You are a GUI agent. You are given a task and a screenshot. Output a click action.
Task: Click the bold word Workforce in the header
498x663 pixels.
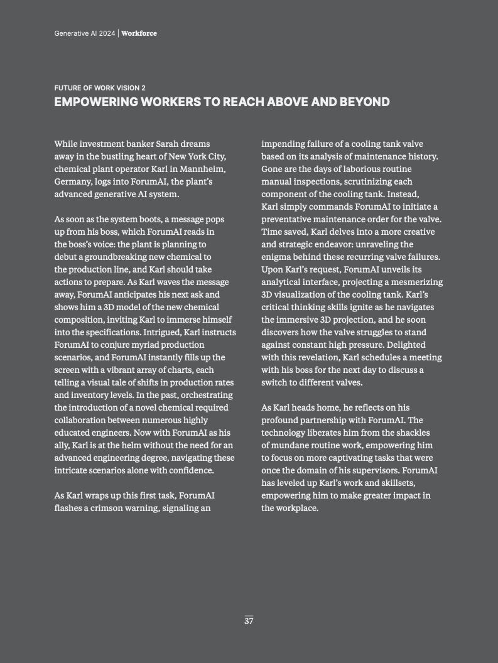[x=139, y=33]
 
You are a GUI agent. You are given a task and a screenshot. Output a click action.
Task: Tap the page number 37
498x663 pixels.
[x=249, y=621]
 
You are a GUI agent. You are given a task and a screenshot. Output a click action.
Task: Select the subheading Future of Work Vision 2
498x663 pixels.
[x=100, y=88]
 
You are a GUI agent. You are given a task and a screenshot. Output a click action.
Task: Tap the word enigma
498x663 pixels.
[x=277, y=257]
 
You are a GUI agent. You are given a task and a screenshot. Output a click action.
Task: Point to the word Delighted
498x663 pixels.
[x=402, y=345]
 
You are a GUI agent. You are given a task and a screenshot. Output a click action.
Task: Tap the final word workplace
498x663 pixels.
[x=297, y=508]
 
